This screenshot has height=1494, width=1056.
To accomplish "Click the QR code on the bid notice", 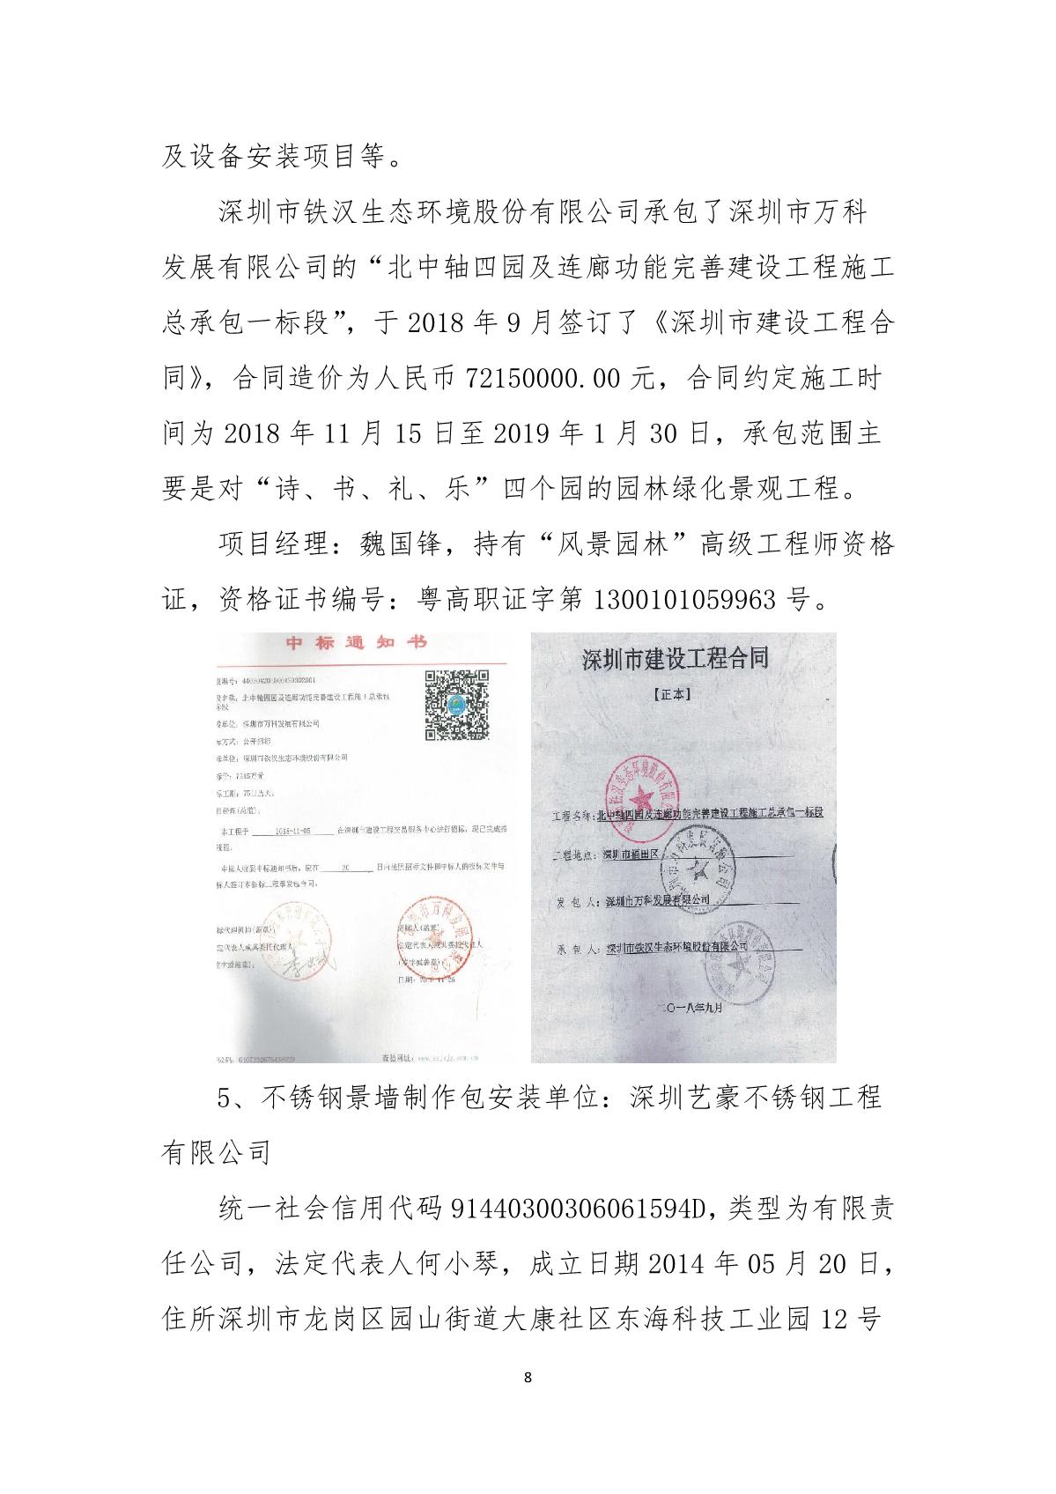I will (x=457, y=705).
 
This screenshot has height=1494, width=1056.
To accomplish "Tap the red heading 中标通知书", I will (x=356, y=643).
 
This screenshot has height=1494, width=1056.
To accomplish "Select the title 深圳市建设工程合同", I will (x=676, y=659).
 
